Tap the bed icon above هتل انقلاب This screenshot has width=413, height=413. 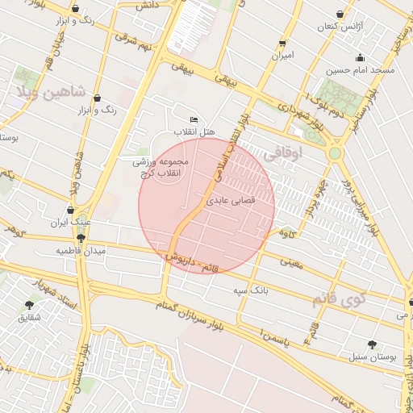click(193, 120)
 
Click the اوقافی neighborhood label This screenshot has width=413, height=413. click(282, 152)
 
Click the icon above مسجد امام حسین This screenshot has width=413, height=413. click(360, 58)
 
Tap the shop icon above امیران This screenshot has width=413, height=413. click(282, 44)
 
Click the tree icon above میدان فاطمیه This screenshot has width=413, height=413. click(81, 239)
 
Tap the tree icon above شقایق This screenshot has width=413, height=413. click(31, 305)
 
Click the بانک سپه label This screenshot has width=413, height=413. click(250, 289)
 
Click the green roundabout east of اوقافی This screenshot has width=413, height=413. click(334, 152)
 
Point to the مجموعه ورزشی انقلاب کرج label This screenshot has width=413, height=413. click(161, 168)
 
